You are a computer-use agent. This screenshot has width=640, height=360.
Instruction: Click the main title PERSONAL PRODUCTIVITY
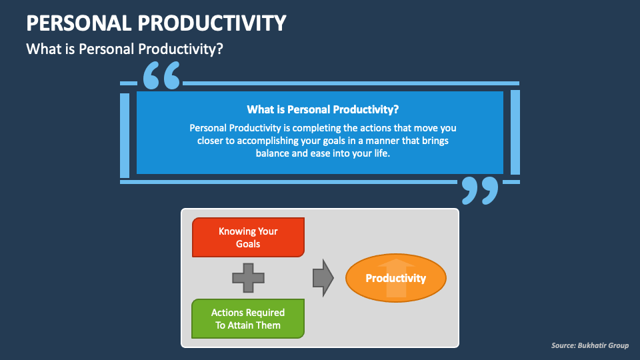pos(156,23)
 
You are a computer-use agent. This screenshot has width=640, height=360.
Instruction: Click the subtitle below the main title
pos(123,49)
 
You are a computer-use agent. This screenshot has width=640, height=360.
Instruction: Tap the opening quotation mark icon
pos(161,76)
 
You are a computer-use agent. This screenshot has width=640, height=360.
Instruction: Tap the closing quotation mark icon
pos(480,191)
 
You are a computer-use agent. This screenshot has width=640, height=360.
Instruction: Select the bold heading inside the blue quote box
pos(323,109)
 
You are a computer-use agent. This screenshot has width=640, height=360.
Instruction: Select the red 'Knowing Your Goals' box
pos(249,237)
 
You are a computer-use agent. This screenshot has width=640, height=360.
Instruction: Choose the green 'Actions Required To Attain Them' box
pos(248,319)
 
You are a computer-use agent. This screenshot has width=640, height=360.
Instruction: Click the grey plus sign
pos(248,278)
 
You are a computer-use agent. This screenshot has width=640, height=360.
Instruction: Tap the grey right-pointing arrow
pos(323,278)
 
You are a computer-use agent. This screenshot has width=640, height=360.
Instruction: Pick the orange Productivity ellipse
pos(395,278)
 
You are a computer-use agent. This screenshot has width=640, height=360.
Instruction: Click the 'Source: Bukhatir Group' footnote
pos(589,345)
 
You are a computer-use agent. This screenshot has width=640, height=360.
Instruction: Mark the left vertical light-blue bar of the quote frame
pos(125,135)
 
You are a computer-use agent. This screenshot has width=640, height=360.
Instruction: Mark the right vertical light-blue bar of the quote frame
pos(515,132)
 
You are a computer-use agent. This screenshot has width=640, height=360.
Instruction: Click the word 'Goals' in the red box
pos(248,244)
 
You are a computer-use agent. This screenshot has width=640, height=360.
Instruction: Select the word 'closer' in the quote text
pos(210,140)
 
